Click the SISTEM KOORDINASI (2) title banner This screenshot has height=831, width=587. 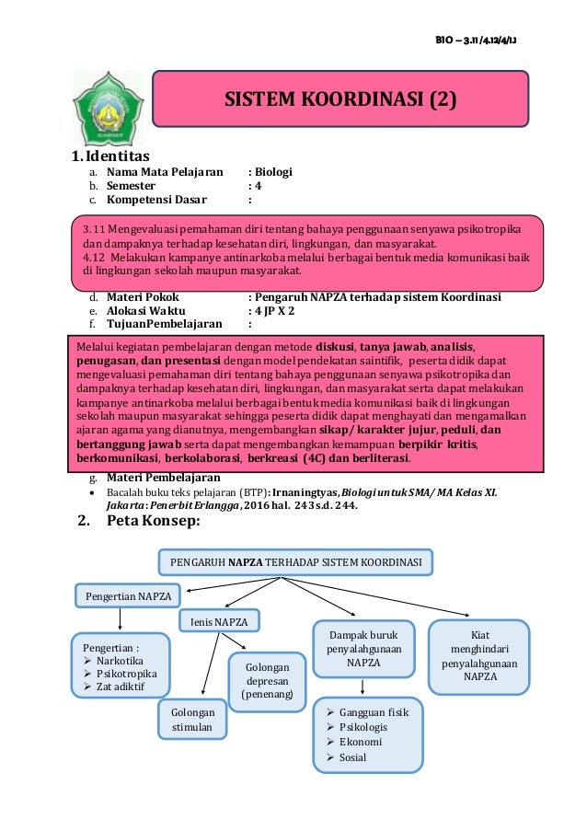tap(340, 98)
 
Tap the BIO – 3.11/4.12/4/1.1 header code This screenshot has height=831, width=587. tap(481, 38)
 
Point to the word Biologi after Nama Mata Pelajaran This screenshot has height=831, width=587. tap(273, 171)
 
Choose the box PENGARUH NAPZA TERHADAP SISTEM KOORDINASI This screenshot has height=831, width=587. tap(297, 560)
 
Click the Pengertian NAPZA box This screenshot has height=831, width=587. tap(128, 595)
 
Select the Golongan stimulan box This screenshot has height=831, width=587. tap(192, 721)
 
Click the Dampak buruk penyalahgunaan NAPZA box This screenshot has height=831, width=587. tap(363, 648)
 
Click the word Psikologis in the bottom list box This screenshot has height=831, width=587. tap(363, 727)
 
